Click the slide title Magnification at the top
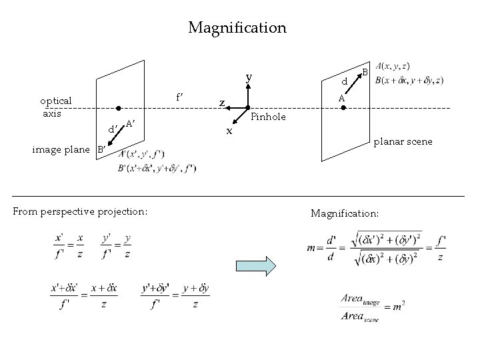pyautogui.click(x=237, y=28)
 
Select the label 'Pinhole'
pyautogui.click(x=269, y=117)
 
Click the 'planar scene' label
pyautogui.click(x=403, y=141)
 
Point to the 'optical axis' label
pyautogui.click(x=56, y=107)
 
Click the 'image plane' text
pyautogui.click(x=61, y=149)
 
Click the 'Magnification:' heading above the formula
pyautogui.click(x=345, y=213)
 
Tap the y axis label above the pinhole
pyautogui.click(x=248, y=77)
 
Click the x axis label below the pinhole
pyautogui.click(x=229, y=131)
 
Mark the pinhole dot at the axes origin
pyautogui.click(x=247, y=108)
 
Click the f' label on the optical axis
pyautogui.click(x=180, y=95)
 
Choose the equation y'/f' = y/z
pyautogui.click(x=116, y=245)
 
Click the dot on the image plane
pyautogui.click(x=117, y=107)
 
